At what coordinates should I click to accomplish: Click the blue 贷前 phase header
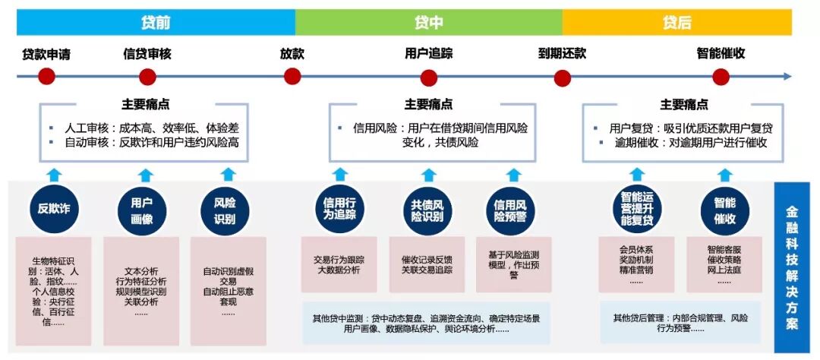click(x=156, y=22)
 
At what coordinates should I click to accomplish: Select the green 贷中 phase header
click(x=428, y=22)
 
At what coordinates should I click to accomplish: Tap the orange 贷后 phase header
click(x=676, y=22)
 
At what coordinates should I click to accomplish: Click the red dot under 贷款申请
click(x=46, y=77)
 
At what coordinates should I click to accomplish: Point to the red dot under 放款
click(x=292, y=77)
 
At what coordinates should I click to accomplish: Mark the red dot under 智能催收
click(x=721, y=77)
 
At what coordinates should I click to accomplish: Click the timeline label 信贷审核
click(x=147, y=54)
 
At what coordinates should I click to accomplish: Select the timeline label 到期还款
click(x=562, y=54)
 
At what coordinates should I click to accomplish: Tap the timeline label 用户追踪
click(x=428, y=54)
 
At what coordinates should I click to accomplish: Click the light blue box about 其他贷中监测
click(x=431, y=323)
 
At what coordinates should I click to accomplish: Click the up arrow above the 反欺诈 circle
click(x=53, y=175)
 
